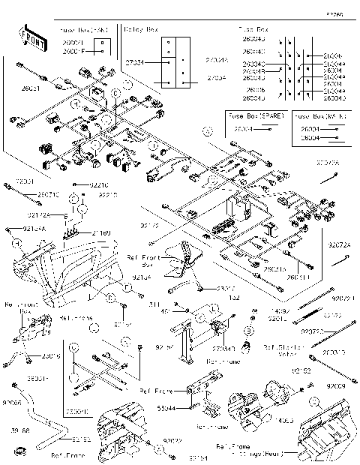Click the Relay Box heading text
click(x=140, y=30)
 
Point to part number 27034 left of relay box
click(x=134, y=64)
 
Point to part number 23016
click(x=52, y=356)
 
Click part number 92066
click(x=14, y=403)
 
